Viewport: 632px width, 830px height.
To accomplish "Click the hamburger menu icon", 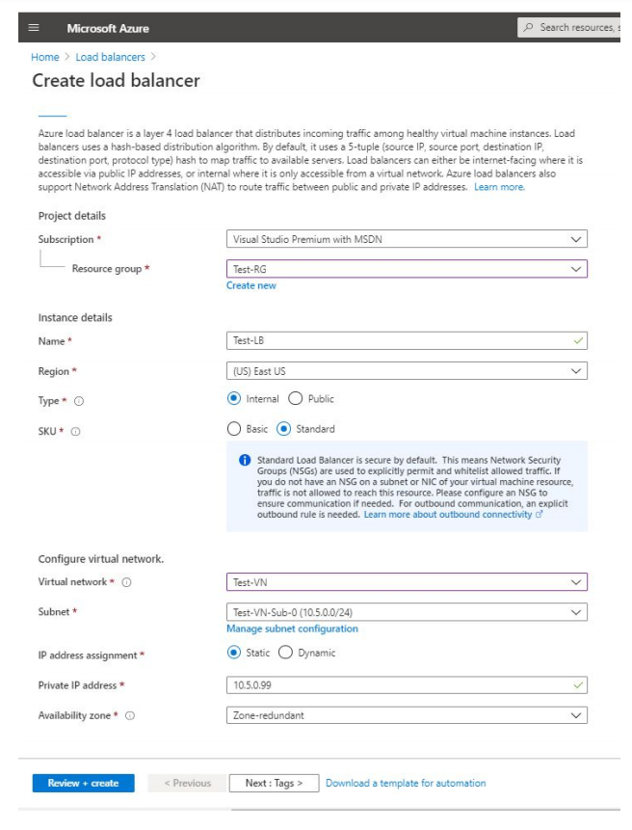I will (34, 28).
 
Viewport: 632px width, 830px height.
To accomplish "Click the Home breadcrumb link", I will (45, 57).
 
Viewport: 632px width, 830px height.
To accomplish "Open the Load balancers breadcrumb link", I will (110, 57).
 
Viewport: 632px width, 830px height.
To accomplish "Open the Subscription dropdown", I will (406, 239).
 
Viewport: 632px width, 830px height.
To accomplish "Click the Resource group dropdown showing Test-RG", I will (406, 269).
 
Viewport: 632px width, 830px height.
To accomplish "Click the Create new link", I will (250, 285).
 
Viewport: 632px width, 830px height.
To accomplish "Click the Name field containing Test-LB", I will (406, 340).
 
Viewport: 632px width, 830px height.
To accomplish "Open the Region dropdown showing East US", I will (406, 370).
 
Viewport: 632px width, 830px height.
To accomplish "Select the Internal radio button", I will (234, 398).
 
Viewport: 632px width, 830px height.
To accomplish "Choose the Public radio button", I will (295, 398).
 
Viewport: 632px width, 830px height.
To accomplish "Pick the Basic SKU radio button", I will (234, 429).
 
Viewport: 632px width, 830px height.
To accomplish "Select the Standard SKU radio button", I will (283, 429).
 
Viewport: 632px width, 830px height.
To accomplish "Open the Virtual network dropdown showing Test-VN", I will (406, 582).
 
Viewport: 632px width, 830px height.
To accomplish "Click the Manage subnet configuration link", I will (292, 629).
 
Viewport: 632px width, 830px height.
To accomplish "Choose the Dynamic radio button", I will (285, 653).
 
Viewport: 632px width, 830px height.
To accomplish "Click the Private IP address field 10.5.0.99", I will (406, 684).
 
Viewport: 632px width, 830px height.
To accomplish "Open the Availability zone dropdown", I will (406, 715).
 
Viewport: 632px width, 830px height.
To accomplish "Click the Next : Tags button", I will (274, 783).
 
